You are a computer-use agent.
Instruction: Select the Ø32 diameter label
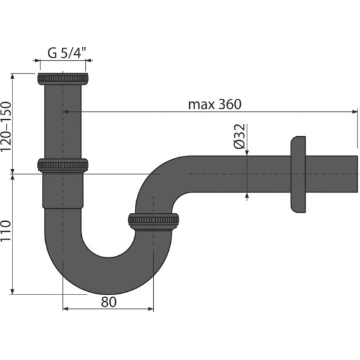coord(240,135)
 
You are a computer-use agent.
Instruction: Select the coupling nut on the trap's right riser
coord(154,221)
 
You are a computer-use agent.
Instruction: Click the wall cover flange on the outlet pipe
coord(297,174)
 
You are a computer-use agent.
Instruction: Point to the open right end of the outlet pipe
coord(357,174)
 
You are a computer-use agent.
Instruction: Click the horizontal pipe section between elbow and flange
coord(236,174)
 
